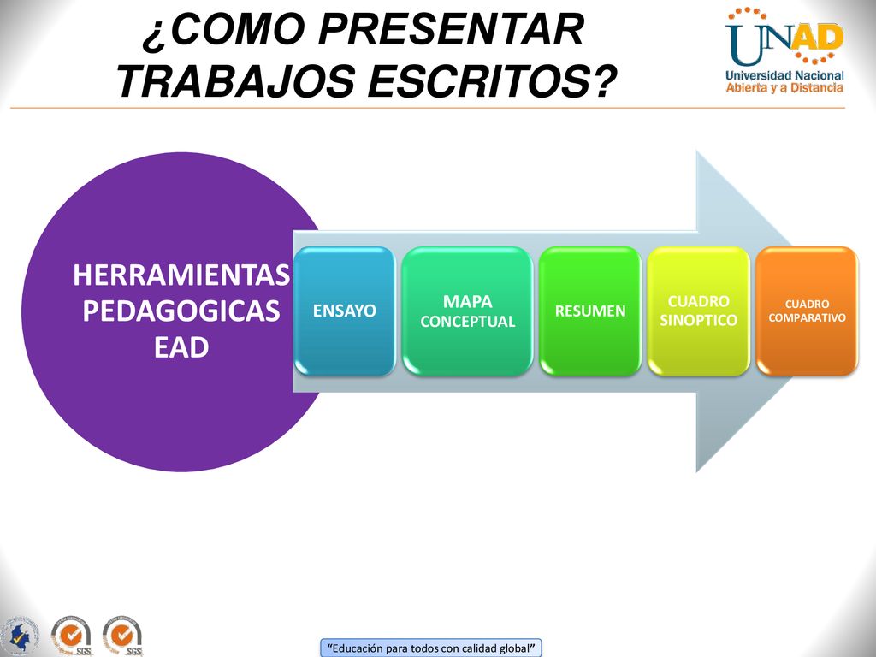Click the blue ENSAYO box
(345, 311)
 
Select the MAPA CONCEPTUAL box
(468, 311)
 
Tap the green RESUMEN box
(590, 311)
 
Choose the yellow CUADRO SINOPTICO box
(698, 311)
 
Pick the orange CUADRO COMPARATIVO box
(807, 311)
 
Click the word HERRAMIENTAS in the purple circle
(181, 275)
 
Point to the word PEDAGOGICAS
(181, 311)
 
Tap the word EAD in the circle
(181, 347)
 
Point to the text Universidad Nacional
(784, 75)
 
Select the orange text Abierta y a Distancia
(784, 88)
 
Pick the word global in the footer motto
(513, 648)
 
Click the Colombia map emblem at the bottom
(21, 636)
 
